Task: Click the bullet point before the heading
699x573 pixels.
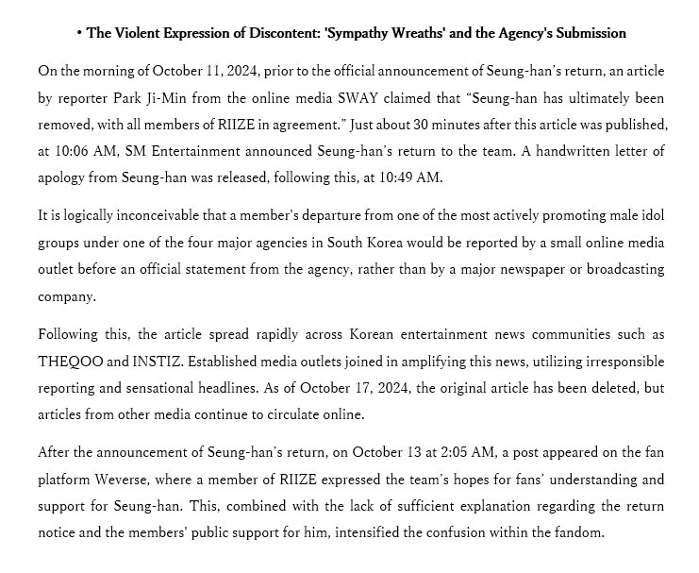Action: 79,33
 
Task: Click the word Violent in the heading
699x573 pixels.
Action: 139,33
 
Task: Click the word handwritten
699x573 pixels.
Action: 573,151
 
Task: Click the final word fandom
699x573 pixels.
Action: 577,532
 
